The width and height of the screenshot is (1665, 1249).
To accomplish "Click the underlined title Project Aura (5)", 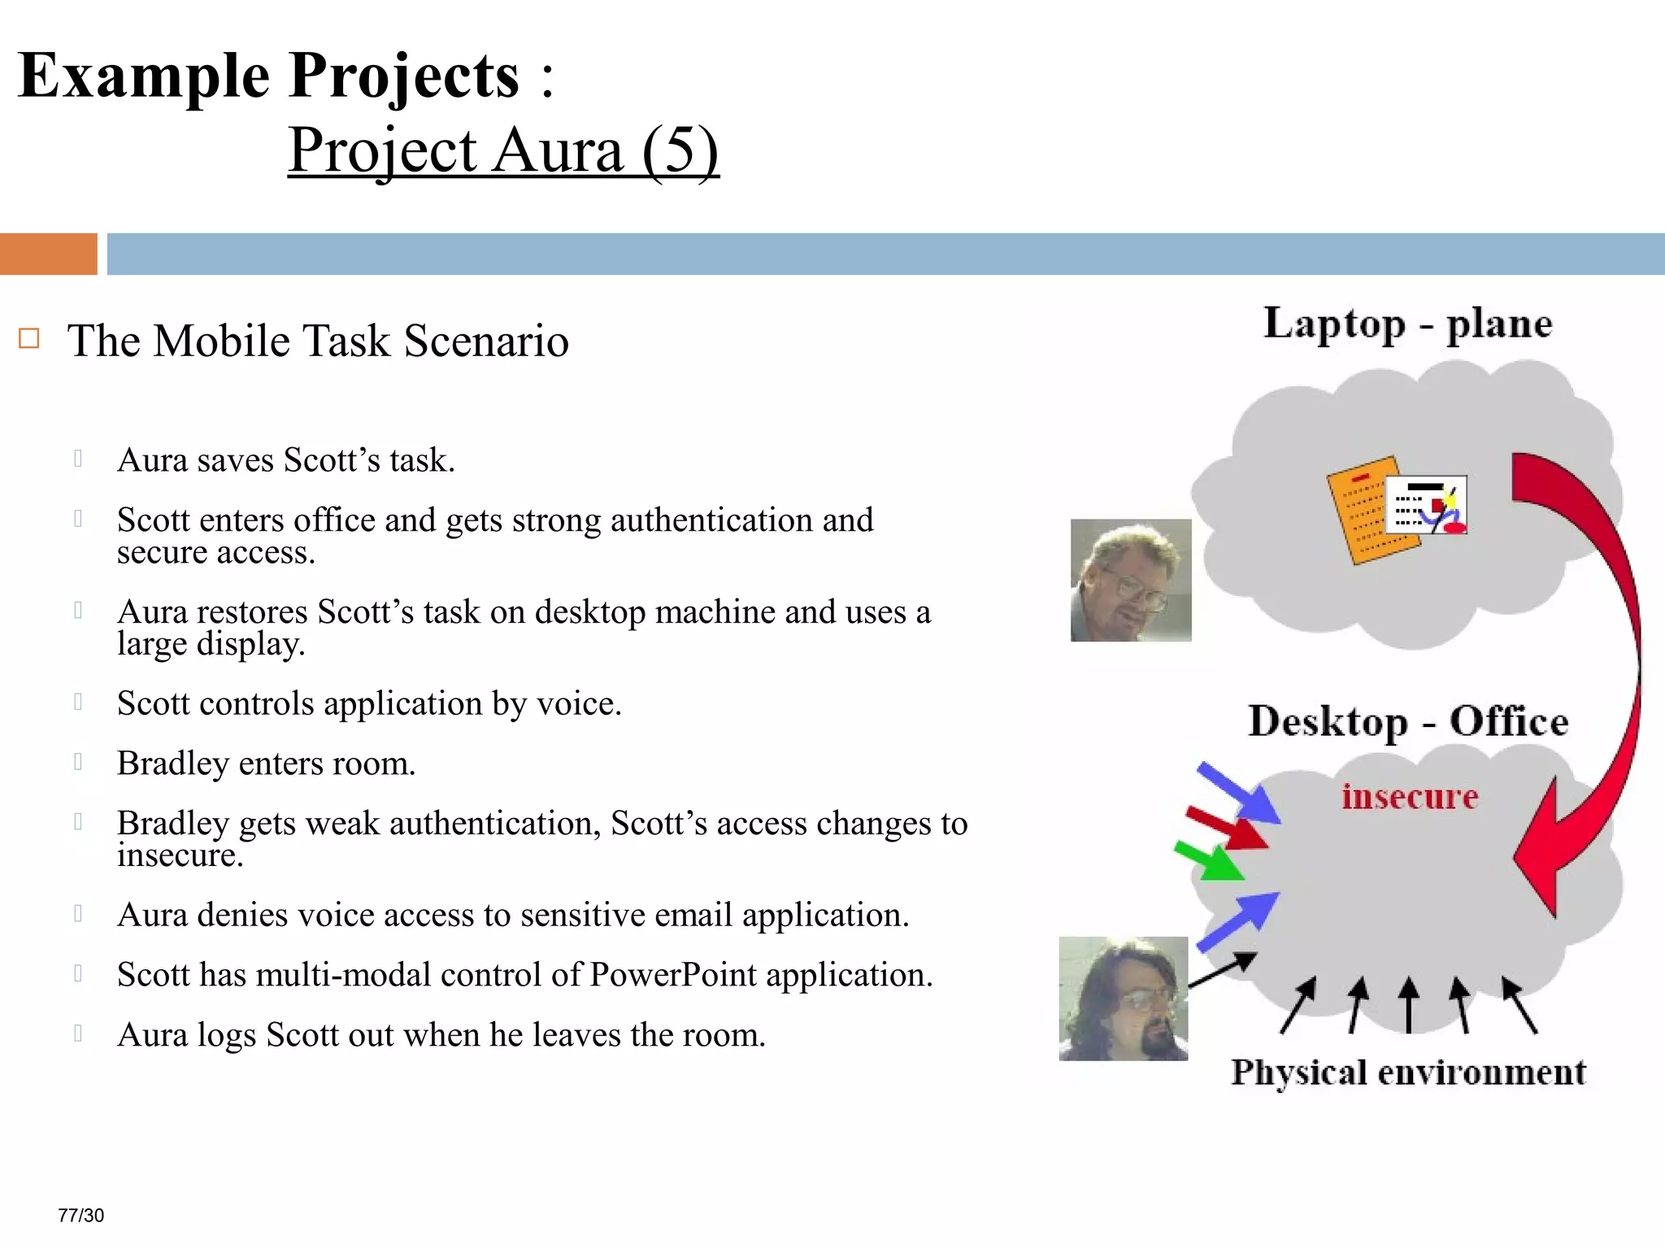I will coord(502,151).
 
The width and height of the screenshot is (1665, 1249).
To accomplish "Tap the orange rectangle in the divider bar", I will coord(48,254).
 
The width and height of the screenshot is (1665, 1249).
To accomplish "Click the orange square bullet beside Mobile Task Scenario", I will coord(29,338).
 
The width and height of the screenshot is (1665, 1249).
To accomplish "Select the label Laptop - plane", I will coord(1407,324).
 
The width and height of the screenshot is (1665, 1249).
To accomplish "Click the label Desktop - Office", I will coord(1407,721).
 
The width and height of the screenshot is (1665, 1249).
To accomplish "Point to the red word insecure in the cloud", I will coord(1409,796).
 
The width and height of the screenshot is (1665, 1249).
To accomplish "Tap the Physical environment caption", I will coord(1407,1073).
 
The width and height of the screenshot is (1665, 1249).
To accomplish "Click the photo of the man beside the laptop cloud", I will coord(1131,580).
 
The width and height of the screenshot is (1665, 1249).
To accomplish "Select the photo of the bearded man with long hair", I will coord(1123,999).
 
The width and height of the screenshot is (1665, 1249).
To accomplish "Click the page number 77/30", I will coord(81,1215).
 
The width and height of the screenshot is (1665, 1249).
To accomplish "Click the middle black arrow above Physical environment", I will coord(1409,1005).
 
